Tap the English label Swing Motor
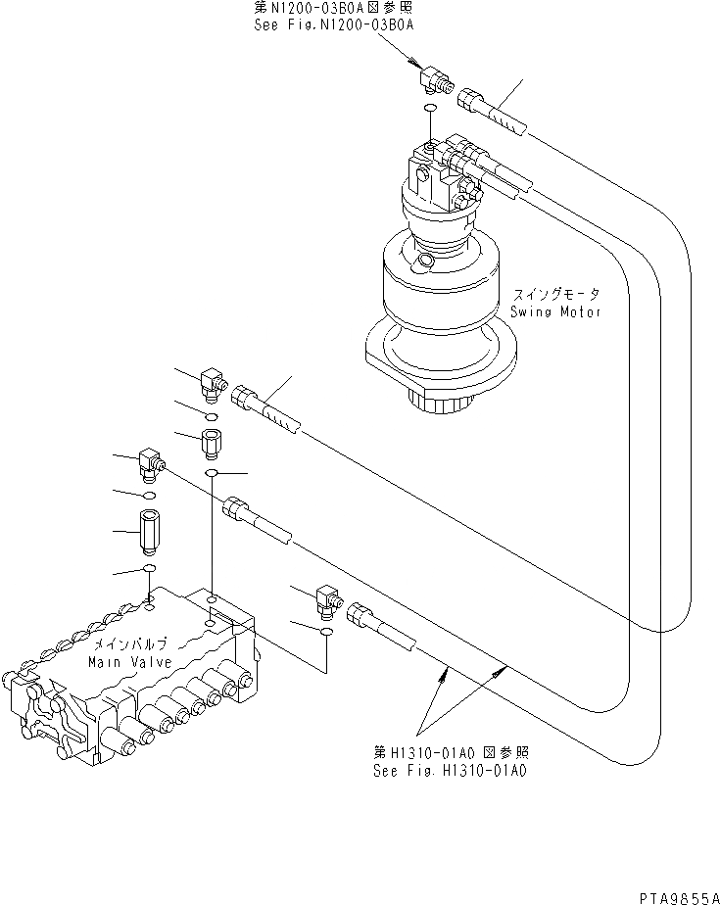[554, 311]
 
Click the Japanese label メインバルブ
[130, 644]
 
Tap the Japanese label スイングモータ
[553, 294]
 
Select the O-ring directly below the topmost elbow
[431, 110]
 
